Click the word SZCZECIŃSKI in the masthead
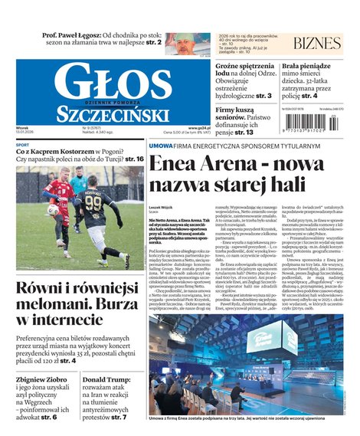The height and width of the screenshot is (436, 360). pos(112,115)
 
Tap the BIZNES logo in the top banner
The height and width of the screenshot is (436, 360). pos(317,43)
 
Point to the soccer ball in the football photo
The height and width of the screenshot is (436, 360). pos(54,209)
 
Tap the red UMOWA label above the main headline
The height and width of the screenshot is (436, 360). pos(161,145)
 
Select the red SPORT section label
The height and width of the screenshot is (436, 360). pos(23,145)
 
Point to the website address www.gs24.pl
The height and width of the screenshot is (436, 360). pos(199,128)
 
